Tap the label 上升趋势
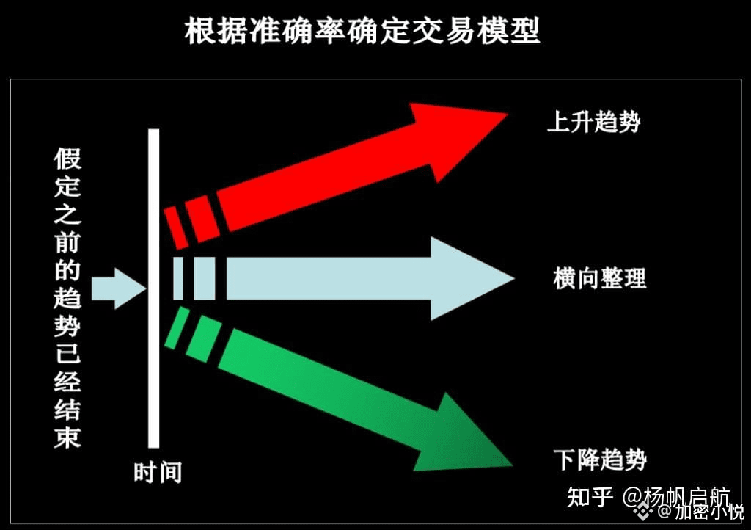593,122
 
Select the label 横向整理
599,279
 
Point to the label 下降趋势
599,460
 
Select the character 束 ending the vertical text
67,437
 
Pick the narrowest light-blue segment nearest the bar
177,278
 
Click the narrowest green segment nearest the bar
177,327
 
